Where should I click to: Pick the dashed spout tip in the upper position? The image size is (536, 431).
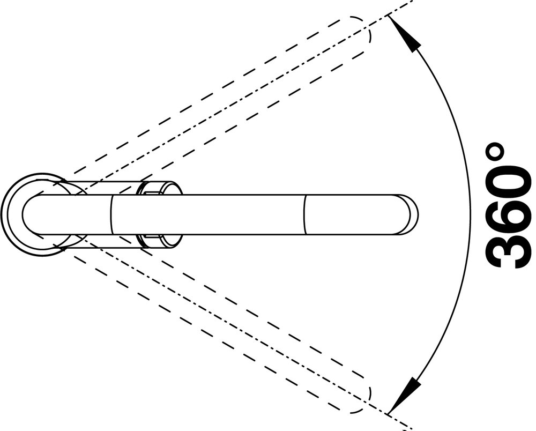[x=363, y=29]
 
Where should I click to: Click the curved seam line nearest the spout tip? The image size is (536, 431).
[x=304, y=215]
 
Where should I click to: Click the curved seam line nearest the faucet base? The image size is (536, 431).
[x=112, y=215]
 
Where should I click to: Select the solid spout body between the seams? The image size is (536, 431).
[x=208, y=215]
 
